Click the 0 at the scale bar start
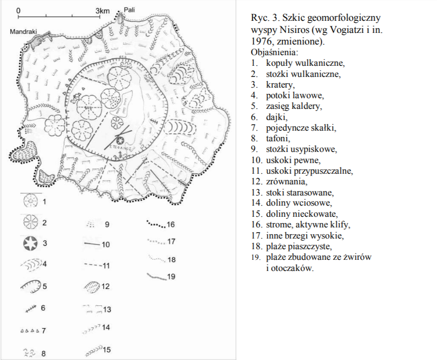(x=18, y=9)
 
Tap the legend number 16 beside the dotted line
(x=170, y=225)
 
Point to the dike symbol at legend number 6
(x=32, y=307)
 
